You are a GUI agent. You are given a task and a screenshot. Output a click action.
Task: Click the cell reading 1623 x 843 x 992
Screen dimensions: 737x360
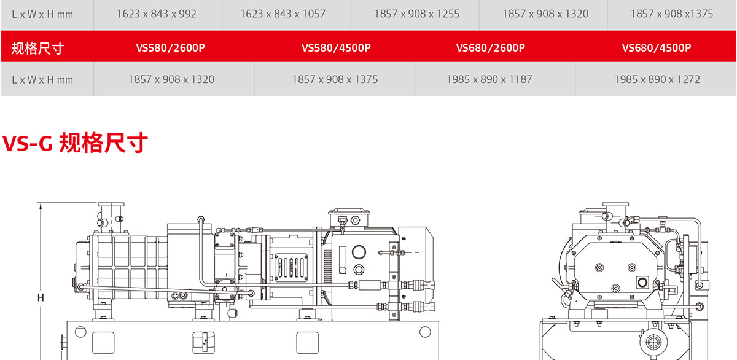[x=156, y=14]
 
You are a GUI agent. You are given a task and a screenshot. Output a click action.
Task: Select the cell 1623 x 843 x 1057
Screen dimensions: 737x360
[x=283, y=14]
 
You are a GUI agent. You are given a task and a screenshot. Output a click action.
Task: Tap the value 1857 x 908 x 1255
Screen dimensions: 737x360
[x=416, y=14]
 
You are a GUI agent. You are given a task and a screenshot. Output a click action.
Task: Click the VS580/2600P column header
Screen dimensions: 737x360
[x=171, y=48]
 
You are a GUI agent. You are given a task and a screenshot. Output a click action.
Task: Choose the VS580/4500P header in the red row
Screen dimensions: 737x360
[x=336, y=48]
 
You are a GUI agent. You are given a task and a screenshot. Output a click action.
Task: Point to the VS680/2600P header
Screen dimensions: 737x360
[x=491, y=48]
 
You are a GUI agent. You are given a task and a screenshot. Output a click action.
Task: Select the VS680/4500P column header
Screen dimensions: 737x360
[x=657, y=48]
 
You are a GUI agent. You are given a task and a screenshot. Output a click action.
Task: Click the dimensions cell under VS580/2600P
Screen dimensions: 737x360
[x=171, y=79]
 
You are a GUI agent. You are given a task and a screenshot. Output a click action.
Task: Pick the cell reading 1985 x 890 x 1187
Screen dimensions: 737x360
[x=489, y=79]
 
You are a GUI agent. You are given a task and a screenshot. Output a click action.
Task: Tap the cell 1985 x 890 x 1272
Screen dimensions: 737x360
[x=657, y=79]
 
